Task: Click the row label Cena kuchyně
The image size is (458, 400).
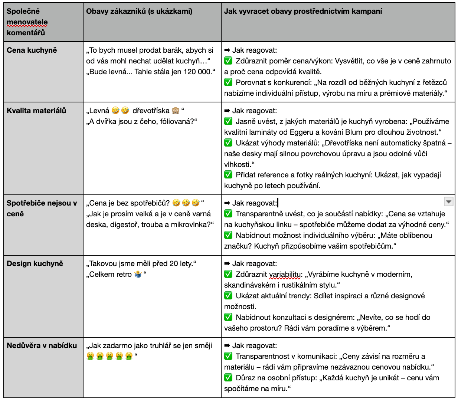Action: (x=32, y=50)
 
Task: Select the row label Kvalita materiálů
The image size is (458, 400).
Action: (x=36, y=111)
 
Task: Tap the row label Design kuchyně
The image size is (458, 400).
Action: (x=35, y=263)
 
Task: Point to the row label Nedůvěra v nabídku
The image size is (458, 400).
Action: (x=42, y=345)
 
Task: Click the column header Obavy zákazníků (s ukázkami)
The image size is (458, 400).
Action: (x=139, y=11)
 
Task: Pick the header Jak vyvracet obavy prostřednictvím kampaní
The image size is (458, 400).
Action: (x=303, y=11)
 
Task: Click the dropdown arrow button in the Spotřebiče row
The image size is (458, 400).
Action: (x=449, y=201)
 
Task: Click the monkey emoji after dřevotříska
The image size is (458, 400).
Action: (x=176, y=111)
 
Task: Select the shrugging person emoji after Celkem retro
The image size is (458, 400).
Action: (x=138, y=275)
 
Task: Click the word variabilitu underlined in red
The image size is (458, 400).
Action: (x=285, y=275)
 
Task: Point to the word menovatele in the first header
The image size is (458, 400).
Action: (x=27, y=22)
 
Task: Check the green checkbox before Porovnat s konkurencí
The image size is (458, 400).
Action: (x=228, y=82)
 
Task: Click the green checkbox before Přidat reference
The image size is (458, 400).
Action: (x=228, y=175)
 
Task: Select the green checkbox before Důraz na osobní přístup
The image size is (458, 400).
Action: (x=228, y=378)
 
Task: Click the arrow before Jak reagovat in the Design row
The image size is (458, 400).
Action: (x=227, y=263)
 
